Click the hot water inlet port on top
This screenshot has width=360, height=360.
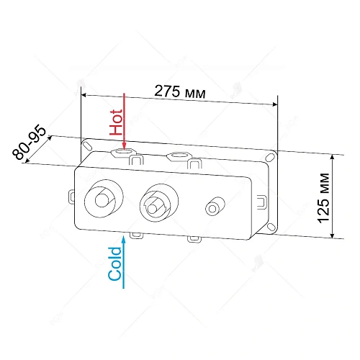(122, 152)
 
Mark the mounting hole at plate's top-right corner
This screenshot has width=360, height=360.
(274, 156)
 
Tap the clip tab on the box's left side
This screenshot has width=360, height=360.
(72, 195)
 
